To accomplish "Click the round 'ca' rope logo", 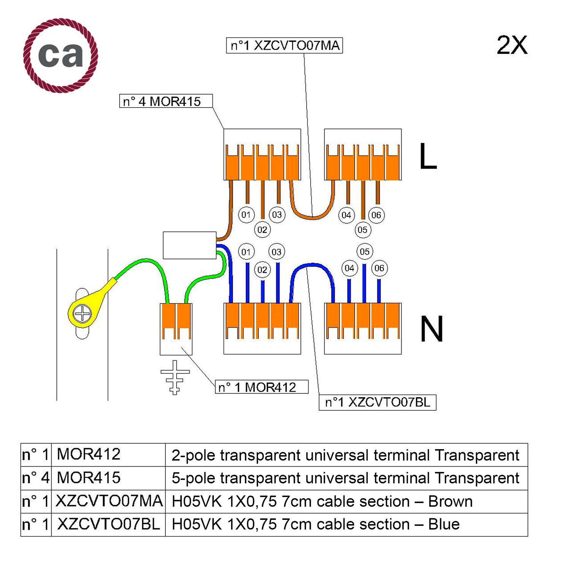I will pos(60,55).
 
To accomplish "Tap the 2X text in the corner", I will pos(511,46).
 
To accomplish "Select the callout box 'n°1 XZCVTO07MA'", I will pos(284,46).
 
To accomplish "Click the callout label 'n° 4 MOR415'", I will pos(166,101).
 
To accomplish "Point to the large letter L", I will pos(428,156).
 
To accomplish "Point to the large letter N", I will pos(431,329).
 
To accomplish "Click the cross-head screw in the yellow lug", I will pos(82,314).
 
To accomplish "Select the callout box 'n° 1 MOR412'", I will pos(261,387).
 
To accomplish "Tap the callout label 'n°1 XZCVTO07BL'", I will pos(377,402).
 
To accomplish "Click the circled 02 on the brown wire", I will pos(262,230).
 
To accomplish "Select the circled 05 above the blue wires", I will pos(364,252).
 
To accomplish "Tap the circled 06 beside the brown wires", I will pos(376,215).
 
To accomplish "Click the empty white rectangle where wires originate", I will pos(189,245).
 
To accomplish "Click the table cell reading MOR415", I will pos(89,478).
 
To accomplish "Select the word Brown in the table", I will pos(450,502).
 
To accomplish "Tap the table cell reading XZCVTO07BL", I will pos(108,524).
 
